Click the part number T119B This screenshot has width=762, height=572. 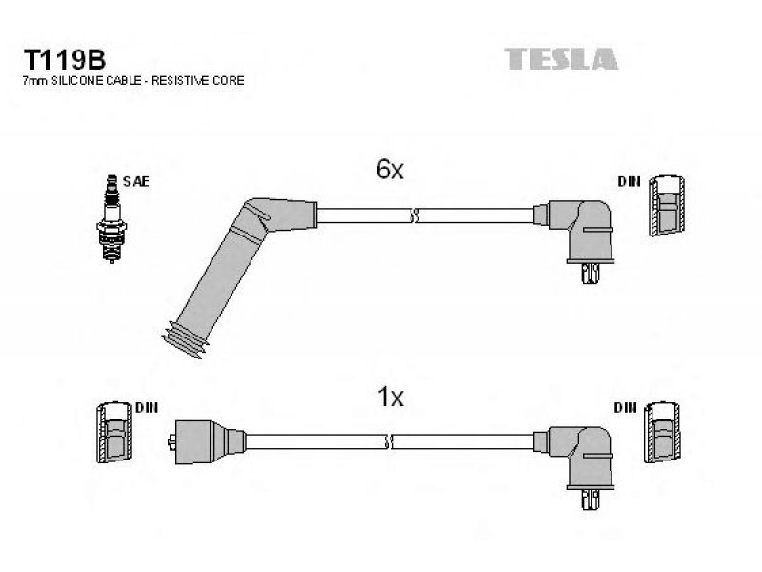pyautogui.click(x=65, y=60)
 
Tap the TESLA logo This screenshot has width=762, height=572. pyautogui.click(x=561, y=59)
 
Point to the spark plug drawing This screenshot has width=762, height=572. pyautogui.click(x=111, y=219)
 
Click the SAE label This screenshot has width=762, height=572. pyautogui.click(x=135, y=182)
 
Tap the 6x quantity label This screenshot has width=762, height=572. pyautogui.click(x=390, y=170)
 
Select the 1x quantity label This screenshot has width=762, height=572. pyautogui.click(x=391, y=397)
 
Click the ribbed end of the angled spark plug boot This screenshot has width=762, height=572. pyautogui.click(x=185, y=340)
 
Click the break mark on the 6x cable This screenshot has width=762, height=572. pyautogui.click(x=414, y=215)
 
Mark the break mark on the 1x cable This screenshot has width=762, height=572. pyautogui.click(x=389, y=441)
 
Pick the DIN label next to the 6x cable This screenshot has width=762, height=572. pyautogui.click(x=629, y=182)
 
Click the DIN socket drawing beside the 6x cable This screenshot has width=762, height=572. pyautogui.click(x=667, y=205)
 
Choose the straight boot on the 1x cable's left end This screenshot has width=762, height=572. pyautogui.click(x=207, y=441)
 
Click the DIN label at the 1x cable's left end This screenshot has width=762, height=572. pyautogui.click(x=147, y=408)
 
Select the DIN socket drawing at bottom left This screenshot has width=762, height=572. pyautogui.click(x=114, y=433)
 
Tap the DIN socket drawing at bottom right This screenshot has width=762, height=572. pyautogui.click(x=662, y=433)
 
